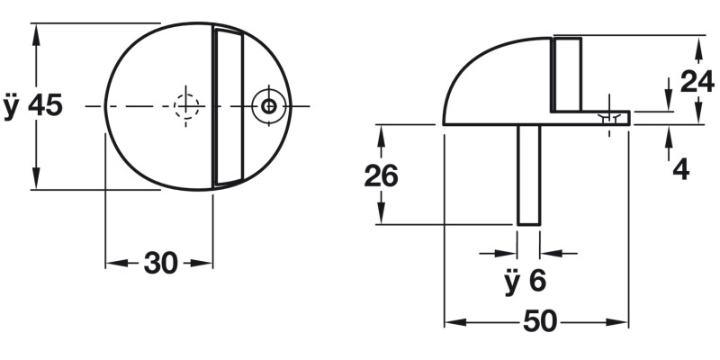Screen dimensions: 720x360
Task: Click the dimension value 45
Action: pos(45,106)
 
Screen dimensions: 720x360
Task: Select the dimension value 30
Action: pos(160,263)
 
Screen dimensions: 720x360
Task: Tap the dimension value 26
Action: pos(381,175)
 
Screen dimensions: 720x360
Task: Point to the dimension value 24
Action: pos(697,82)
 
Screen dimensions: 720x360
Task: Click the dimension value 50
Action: pos(539,322)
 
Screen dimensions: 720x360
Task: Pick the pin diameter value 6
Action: pos(537,281)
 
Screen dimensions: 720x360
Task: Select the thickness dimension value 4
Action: pos(681,169)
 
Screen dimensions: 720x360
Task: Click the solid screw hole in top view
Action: pos(269,106)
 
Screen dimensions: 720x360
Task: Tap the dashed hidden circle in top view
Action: pos(186,106)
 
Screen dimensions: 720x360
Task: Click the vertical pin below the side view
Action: pos(529,175)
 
